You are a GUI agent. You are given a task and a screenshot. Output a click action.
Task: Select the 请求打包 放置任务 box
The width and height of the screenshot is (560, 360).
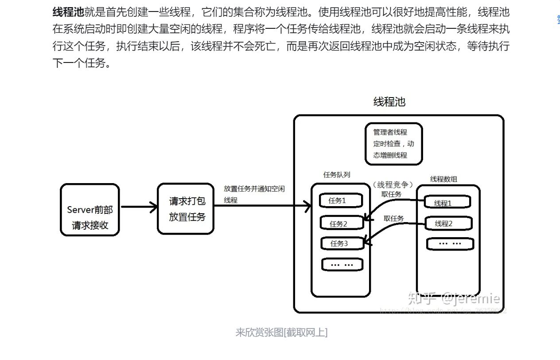pyautogui.click(x=186, y=208)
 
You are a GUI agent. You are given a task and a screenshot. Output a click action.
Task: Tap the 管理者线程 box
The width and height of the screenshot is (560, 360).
pyautogui.click(x=393, y=144)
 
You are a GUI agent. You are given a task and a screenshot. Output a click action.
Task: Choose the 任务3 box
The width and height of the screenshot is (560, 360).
pyautogui.click(x=342, y=243)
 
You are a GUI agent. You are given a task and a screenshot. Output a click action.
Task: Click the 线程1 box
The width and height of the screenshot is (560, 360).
pyautogui.click(x=446, y=203)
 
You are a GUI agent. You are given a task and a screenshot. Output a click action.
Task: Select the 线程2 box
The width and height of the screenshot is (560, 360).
pyautogui.click(x=446, y=223)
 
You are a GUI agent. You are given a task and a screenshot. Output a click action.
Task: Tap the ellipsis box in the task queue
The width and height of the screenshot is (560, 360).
pyautogui.click(x=342, y=265)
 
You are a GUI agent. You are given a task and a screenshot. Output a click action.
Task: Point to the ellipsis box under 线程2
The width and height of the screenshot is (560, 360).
pyautogui.click(x=450, y=243)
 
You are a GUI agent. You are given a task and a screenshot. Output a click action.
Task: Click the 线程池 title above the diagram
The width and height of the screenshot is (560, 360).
pyautogui.click(x=389, y=102)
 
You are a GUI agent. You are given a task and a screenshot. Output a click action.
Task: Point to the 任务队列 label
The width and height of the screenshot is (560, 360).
pyautogui.click(x=337, y=175)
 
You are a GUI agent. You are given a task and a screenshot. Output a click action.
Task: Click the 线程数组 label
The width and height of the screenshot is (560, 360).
pyautogui.click(x=443, y=179)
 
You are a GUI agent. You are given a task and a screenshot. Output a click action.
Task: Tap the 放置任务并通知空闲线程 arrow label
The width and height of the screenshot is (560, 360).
pyautogui.click(x=254, y=194)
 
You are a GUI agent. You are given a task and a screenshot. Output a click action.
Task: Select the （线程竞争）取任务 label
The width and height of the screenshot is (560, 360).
pyautogui.click(x=393, y=189)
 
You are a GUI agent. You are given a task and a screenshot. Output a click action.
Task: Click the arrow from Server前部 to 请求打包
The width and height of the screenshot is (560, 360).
pyautogui.click(x=139, y=207)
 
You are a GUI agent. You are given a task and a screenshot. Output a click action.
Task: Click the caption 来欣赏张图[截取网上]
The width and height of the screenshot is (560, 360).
pyautogui.click(x=281, y=333)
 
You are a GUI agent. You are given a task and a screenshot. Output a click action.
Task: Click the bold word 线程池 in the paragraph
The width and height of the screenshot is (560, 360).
pyautogui.click(x=68, y=12)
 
